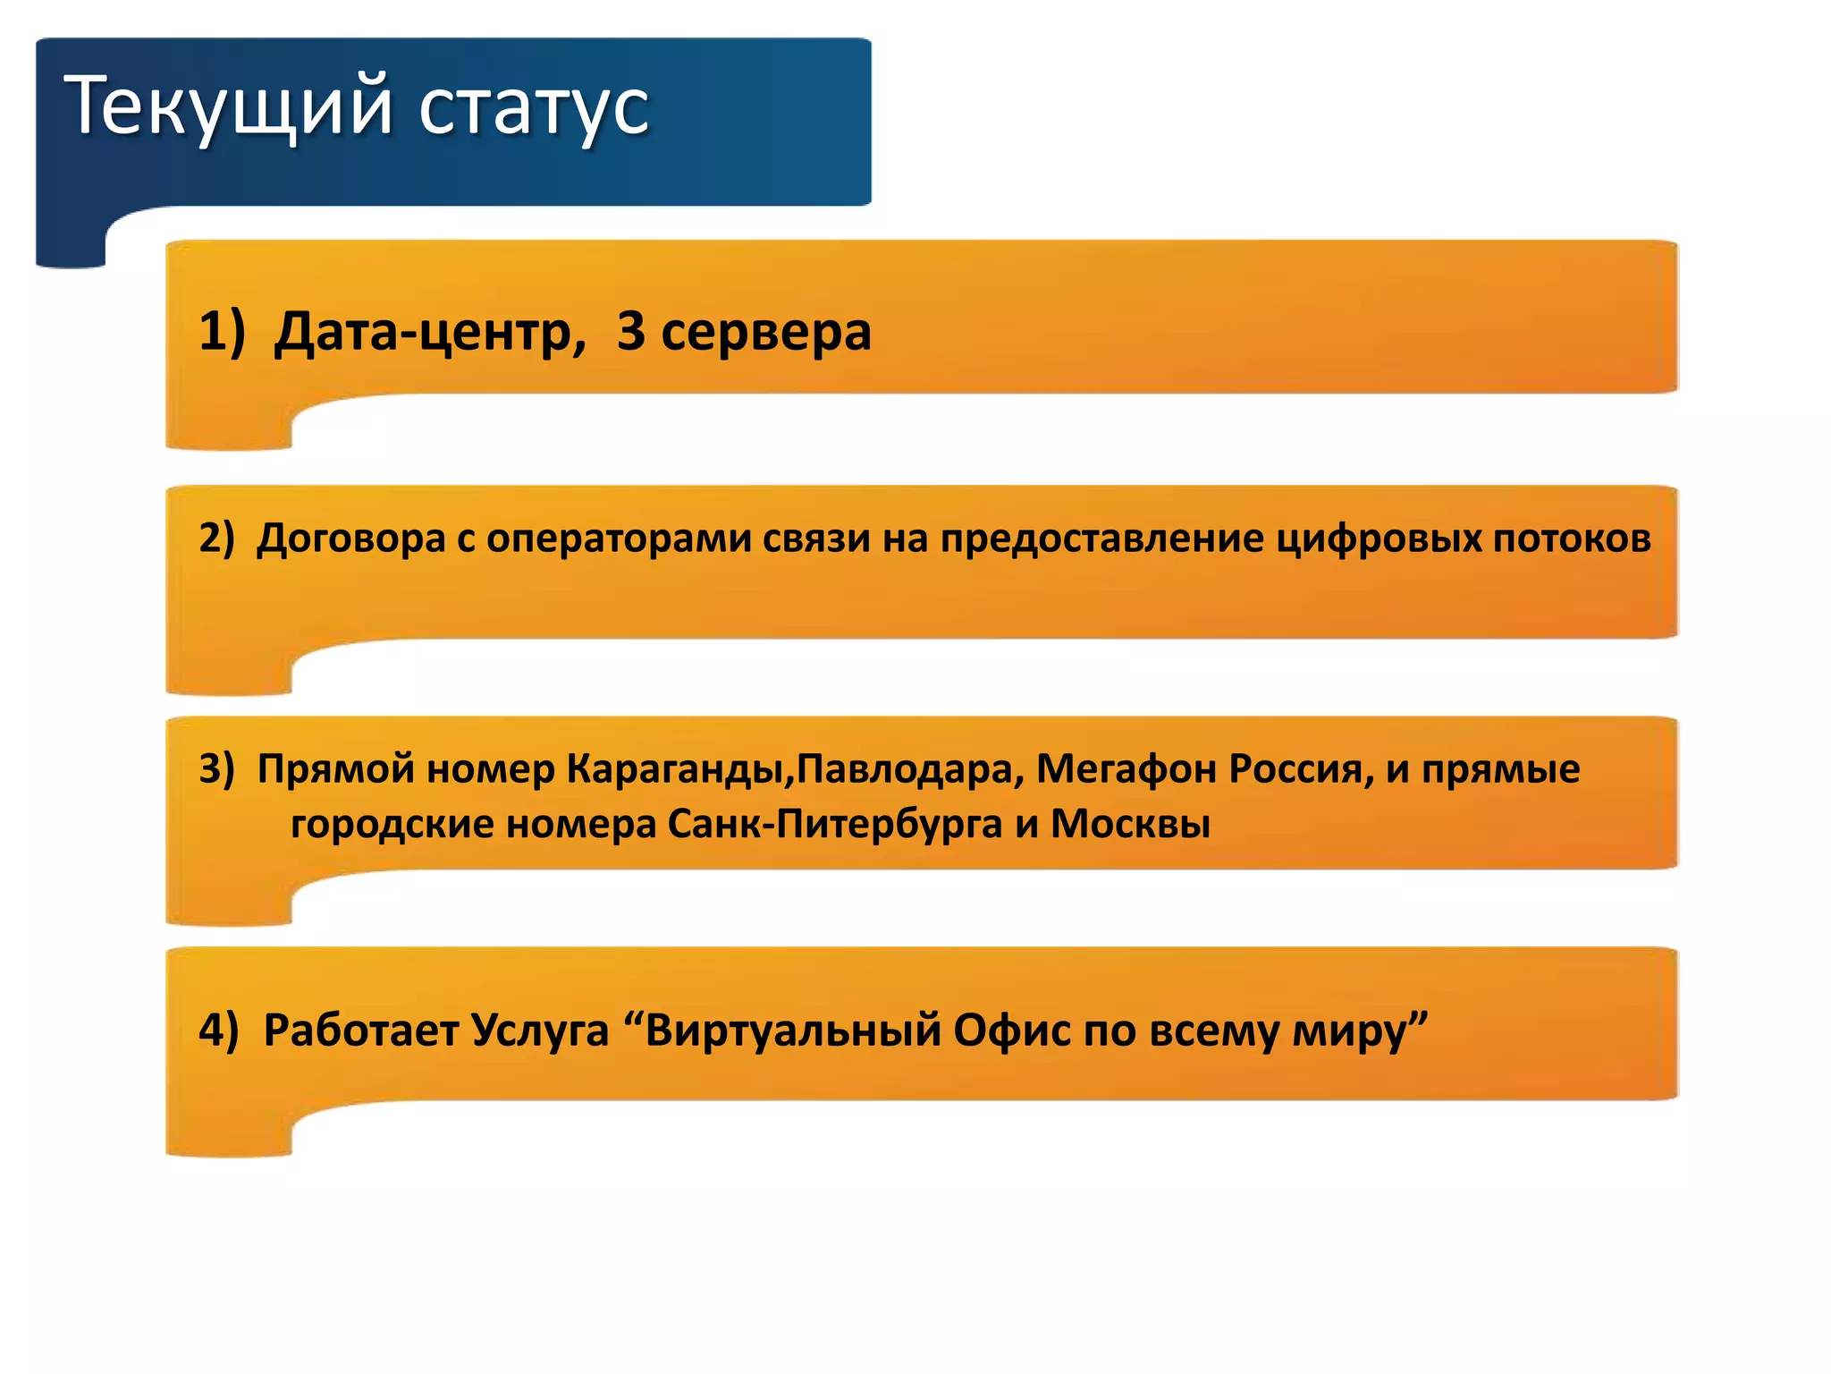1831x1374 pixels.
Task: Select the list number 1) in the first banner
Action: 221,331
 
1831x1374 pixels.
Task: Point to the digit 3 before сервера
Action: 630,331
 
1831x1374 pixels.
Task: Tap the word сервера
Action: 766,333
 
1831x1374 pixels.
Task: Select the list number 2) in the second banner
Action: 216,538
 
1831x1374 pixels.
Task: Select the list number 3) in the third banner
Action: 216,768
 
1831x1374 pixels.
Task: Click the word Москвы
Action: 1130,824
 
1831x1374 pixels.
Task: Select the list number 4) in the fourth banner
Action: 219,1030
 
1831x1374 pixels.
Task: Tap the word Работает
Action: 361,1030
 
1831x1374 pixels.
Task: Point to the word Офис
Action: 1012,1030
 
